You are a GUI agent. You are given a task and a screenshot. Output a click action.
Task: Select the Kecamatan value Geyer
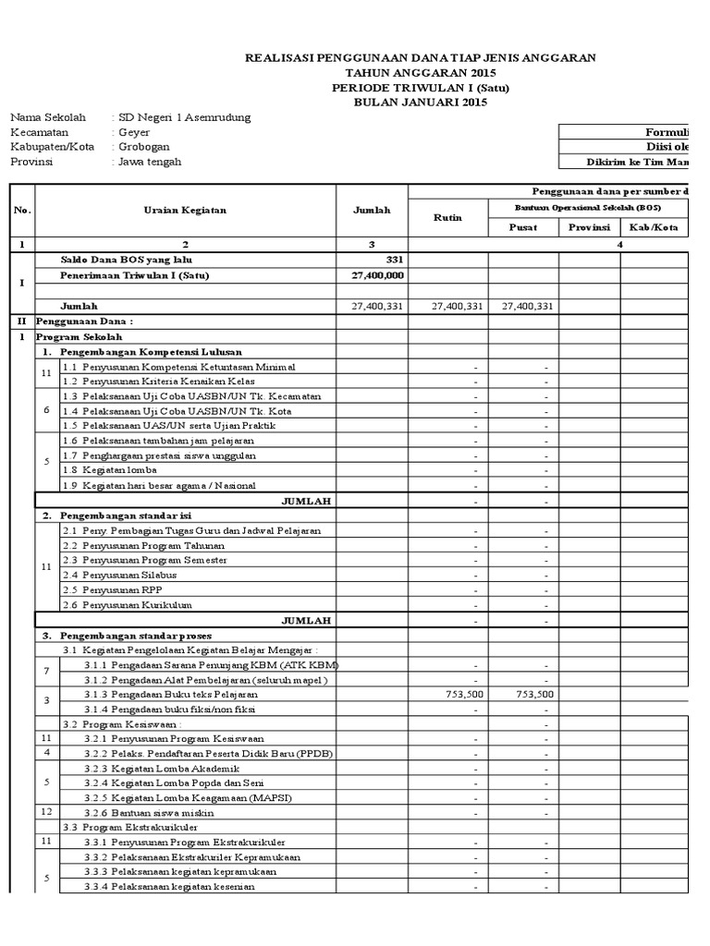pyautogui.click(x=134, y=132)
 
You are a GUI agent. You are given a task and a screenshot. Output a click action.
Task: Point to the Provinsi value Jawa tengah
pyautogui.click(x=149, y=162)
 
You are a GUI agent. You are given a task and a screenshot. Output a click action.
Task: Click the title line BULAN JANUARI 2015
pyautogui.click(x=420, y=103)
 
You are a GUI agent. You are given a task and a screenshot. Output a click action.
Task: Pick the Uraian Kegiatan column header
pyautogui.click(x=185, y=211)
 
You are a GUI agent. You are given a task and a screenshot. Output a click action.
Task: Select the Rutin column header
pyautogui.click(x=447, y=218)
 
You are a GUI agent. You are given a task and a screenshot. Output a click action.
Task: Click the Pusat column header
pyautogui.click(x=523, y=227)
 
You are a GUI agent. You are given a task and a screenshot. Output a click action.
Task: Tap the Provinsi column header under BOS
pyautogui.click(x=589, y=227)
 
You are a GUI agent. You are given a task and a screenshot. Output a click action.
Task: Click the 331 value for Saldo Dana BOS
pyautogui.click(x=394, y=261)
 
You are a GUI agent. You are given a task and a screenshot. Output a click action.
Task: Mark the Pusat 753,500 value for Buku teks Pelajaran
pyautogui.click(x=533, y=694)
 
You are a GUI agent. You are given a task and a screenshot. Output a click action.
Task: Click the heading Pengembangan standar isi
pyautogui.click(x=127, y=515)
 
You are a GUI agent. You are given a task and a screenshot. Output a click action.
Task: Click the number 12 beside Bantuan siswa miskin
pyautogui.click(x=46, y=812)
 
